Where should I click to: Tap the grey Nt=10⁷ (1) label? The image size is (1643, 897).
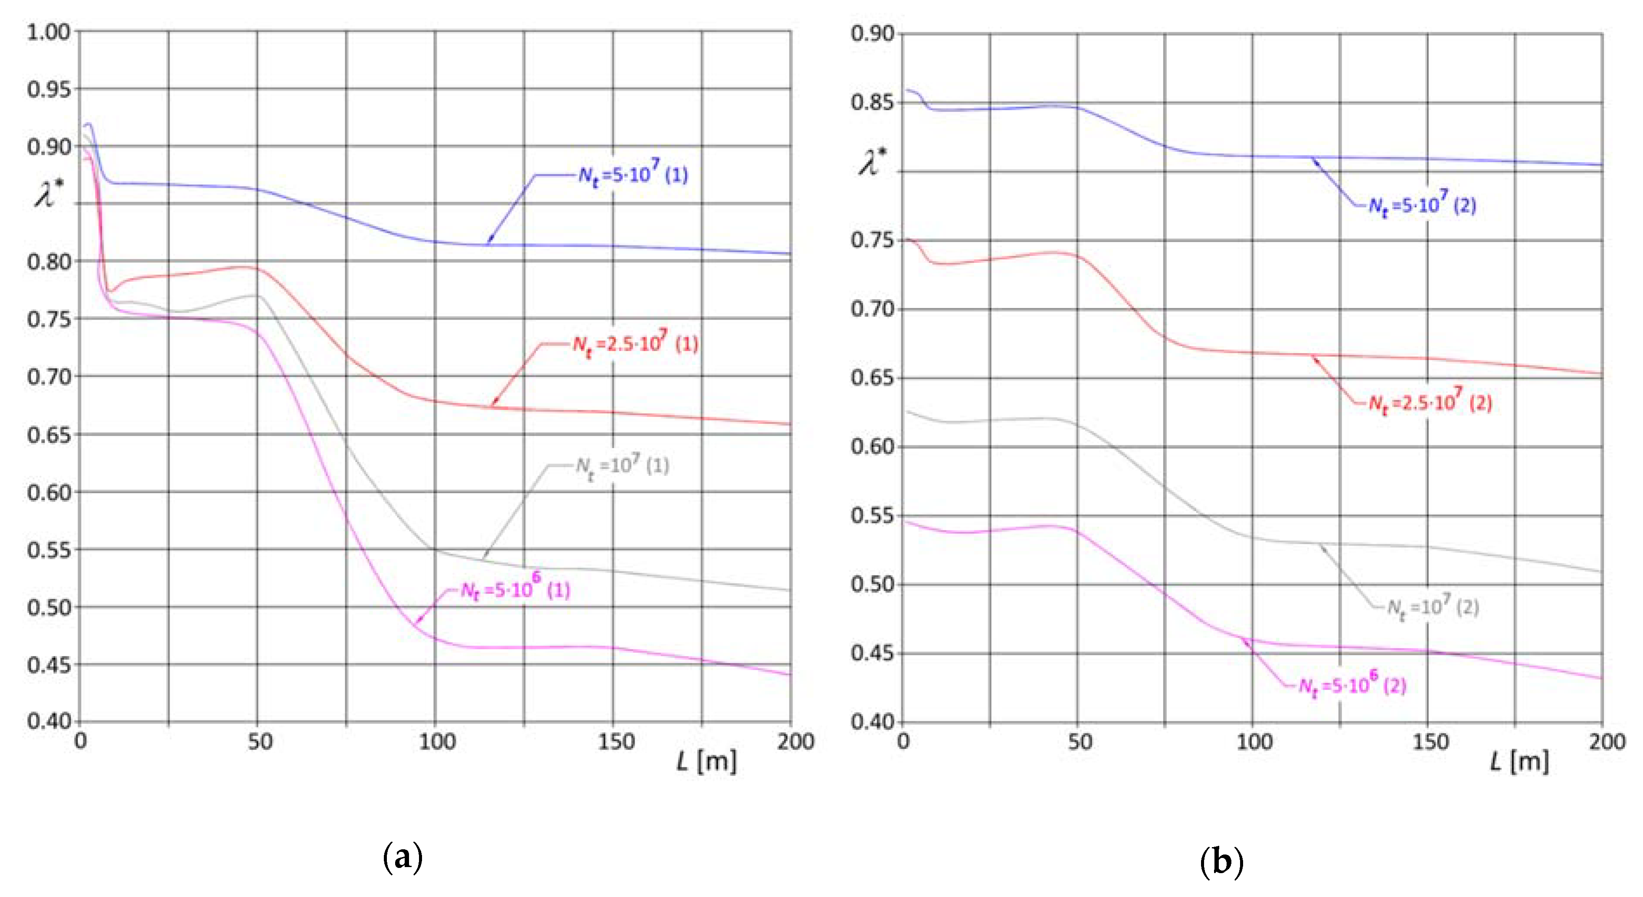[622, 466]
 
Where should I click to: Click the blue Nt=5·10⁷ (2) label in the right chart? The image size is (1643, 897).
[1422, 204]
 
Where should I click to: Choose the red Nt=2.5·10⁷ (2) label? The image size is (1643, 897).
[1430, 402]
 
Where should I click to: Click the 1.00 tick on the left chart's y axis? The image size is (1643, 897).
[49, 32]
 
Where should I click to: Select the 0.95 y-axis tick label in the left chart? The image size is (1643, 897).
[49, 89]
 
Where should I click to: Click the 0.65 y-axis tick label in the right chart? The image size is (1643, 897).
[873, 378]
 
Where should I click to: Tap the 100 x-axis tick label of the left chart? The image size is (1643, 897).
[437, 742]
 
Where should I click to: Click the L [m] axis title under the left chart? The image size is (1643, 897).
[707, 761]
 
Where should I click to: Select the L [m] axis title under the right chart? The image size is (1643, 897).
[1519, 761]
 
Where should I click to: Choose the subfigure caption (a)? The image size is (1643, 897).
[403, 858]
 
